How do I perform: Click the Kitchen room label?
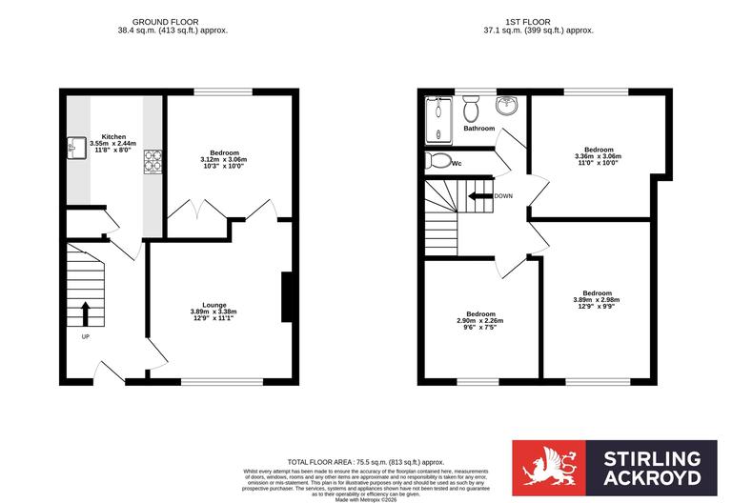(113, 136)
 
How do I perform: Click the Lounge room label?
(213, 305)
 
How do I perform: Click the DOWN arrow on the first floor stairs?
(479, 196)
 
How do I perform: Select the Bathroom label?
(479, 128)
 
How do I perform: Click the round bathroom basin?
(506, 104)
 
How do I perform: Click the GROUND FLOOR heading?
(167, 21)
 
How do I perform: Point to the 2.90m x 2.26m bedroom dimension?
(480, 321)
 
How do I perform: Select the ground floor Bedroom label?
(224, 152)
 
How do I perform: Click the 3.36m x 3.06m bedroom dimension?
(599, 156)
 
